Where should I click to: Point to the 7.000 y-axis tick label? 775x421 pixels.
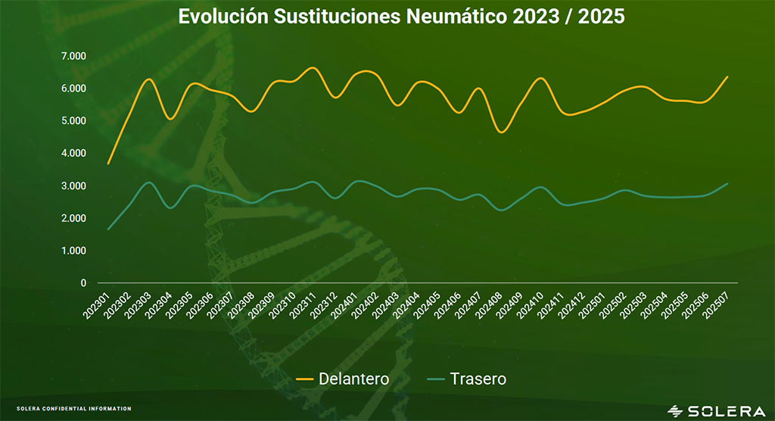tap(74, 56)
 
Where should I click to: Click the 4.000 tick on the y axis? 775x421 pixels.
tap(74, 154)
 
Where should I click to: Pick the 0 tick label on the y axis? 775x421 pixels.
tap(84, 283)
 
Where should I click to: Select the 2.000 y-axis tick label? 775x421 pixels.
tap(74, 219)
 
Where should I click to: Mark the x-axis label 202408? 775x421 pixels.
tap(490, 304)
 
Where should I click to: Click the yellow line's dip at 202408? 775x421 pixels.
tap(501, 132)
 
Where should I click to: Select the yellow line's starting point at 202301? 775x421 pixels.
tap(109, 163)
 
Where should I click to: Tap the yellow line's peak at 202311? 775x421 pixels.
tap(313, 68)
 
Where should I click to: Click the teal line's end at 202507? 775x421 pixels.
tap(727, 184)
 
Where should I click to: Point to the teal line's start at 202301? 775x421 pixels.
tap(109, 229)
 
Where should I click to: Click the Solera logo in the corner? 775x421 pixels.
tap(716, 410)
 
